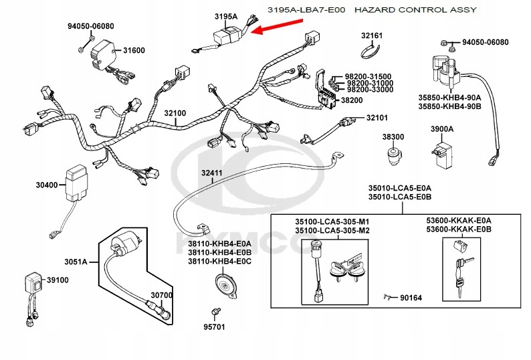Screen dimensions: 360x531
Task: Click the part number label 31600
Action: [x=133, y=50]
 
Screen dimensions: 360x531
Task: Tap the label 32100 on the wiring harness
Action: [x=176, y=113]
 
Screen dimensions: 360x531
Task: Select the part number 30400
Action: [x=47, y=185]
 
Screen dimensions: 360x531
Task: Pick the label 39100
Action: [x=57, y=280]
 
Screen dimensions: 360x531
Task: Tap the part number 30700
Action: [x=161, y=294]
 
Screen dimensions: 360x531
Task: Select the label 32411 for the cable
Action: [x=213, y=173]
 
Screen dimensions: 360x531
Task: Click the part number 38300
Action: [x=393, y=137]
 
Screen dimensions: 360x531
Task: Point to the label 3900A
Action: [x=441, y=128]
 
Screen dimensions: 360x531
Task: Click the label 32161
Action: [x=372, y=35]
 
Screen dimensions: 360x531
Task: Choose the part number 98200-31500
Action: [x=368, y=76]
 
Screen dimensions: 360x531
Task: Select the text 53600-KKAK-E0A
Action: [x=468, y=220]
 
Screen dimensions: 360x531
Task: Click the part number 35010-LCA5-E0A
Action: [x=399, y=189]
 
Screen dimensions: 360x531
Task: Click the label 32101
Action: [x=377, y=118]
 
